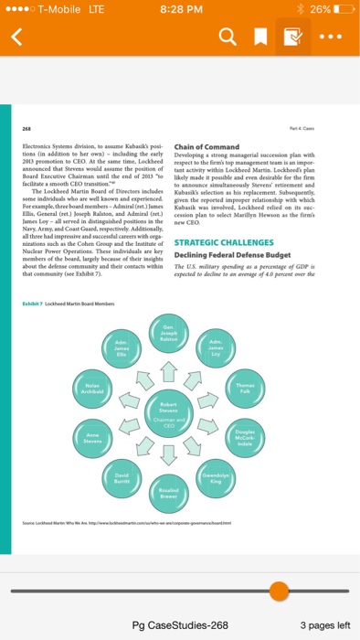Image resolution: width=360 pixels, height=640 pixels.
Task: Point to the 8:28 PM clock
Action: (179, 9)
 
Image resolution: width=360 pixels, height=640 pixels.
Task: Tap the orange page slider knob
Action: (281, 590)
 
